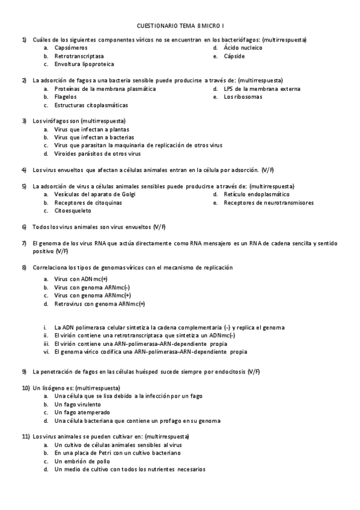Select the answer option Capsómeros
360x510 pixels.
pos(71,47)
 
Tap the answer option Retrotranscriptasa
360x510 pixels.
pos(79,55)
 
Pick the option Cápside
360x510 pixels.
pos(234,55)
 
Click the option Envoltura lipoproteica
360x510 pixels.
pos(84,64)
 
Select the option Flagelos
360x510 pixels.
pos(66,96)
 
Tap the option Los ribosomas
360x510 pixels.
pos(243,96)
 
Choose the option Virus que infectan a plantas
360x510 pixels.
pos(91,129)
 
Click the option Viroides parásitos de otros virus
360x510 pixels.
pos(97,153)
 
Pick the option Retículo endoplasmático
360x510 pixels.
pos(256,195)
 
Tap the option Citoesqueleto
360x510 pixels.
pos(73,211)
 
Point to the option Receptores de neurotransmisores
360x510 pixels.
pos(268,203)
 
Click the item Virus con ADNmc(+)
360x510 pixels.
pos(81,280)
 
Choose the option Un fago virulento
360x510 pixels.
pos(76,405)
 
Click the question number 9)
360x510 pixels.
pos(25,372)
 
